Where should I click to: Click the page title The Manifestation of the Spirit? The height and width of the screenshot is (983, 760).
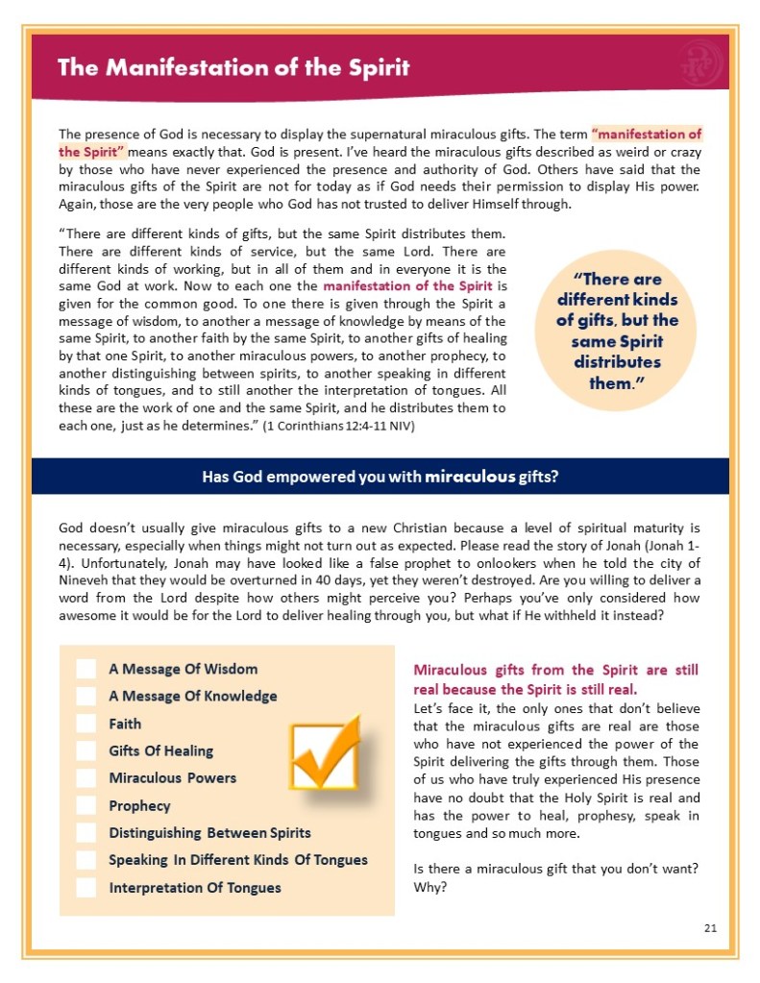coord(233,67)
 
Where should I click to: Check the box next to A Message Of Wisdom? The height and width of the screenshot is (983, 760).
coord(86,669)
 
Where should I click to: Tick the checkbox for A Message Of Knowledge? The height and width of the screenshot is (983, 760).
coord(86,696)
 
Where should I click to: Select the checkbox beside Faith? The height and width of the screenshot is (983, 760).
coord(86,724)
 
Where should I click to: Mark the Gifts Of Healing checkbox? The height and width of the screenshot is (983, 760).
coord(86,750)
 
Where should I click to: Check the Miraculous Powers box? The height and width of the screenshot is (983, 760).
coord(86,777)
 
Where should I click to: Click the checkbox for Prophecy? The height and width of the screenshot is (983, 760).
coord(86,805)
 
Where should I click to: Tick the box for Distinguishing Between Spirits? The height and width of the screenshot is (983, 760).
coord(86,832)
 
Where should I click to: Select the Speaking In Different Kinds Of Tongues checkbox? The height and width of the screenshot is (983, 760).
coord(86,859)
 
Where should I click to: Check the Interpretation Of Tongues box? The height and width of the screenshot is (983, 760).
coord(86,887)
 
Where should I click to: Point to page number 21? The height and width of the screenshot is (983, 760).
coord(710,927)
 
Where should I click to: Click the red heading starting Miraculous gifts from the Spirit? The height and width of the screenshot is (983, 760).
coord(555,679)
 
